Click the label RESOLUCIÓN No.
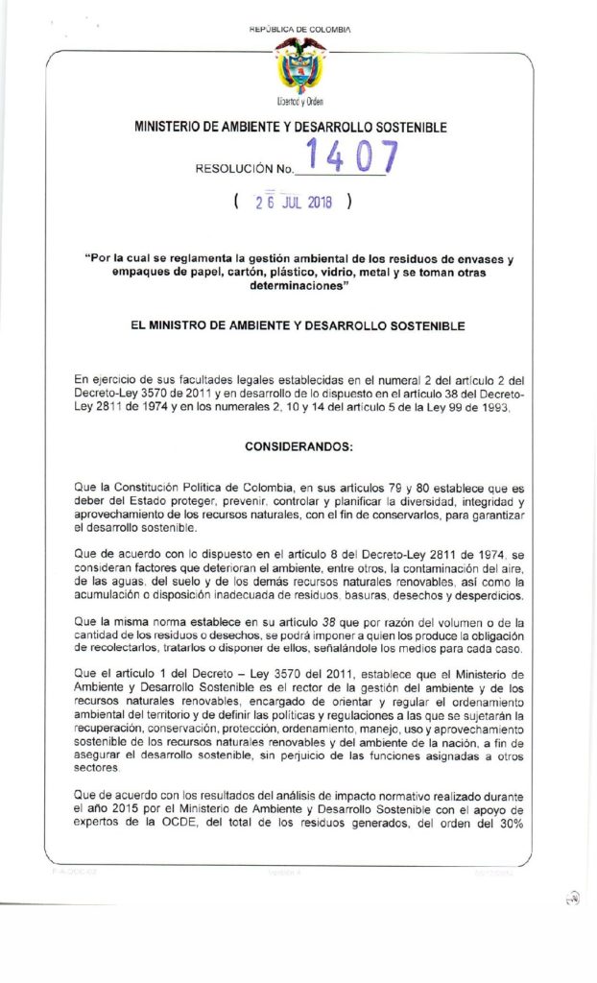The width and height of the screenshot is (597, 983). (244, 169)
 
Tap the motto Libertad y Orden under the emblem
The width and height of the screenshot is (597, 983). (299, 101)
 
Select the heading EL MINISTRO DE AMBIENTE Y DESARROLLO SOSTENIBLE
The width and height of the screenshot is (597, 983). (298, 326)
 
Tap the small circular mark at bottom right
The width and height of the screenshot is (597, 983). (572, 898)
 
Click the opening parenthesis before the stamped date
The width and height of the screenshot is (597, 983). (236, 203)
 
